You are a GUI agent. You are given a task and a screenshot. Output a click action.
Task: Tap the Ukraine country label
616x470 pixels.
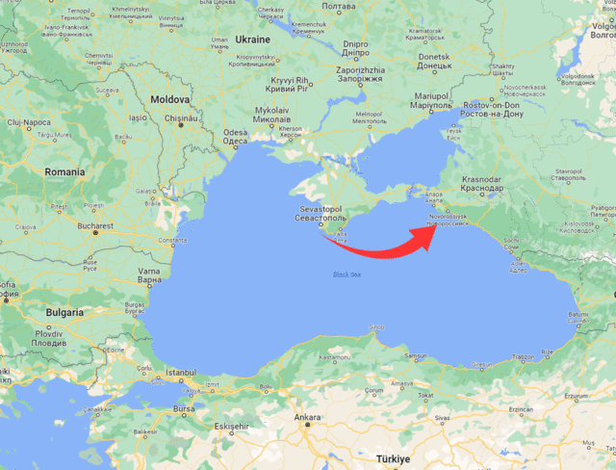(x=252, y=39)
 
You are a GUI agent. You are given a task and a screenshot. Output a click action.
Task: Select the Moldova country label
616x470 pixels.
(x=168, y=99)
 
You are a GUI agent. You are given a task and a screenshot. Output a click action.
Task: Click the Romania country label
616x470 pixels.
(x=64, y=171)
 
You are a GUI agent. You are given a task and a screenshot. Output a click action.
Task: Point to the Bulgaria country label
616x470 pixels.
(x=64, y=313)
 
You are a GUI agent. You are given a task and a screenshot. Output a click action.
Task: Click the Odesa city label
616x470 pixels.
(x=235, y=137)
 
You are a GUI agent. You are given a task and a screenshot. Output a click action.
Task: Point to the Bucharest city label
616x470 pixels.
(x=95, y=226)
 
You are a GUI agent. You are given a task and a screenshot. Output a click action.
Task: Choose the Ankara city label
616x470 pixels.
(x=307, y=417)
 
